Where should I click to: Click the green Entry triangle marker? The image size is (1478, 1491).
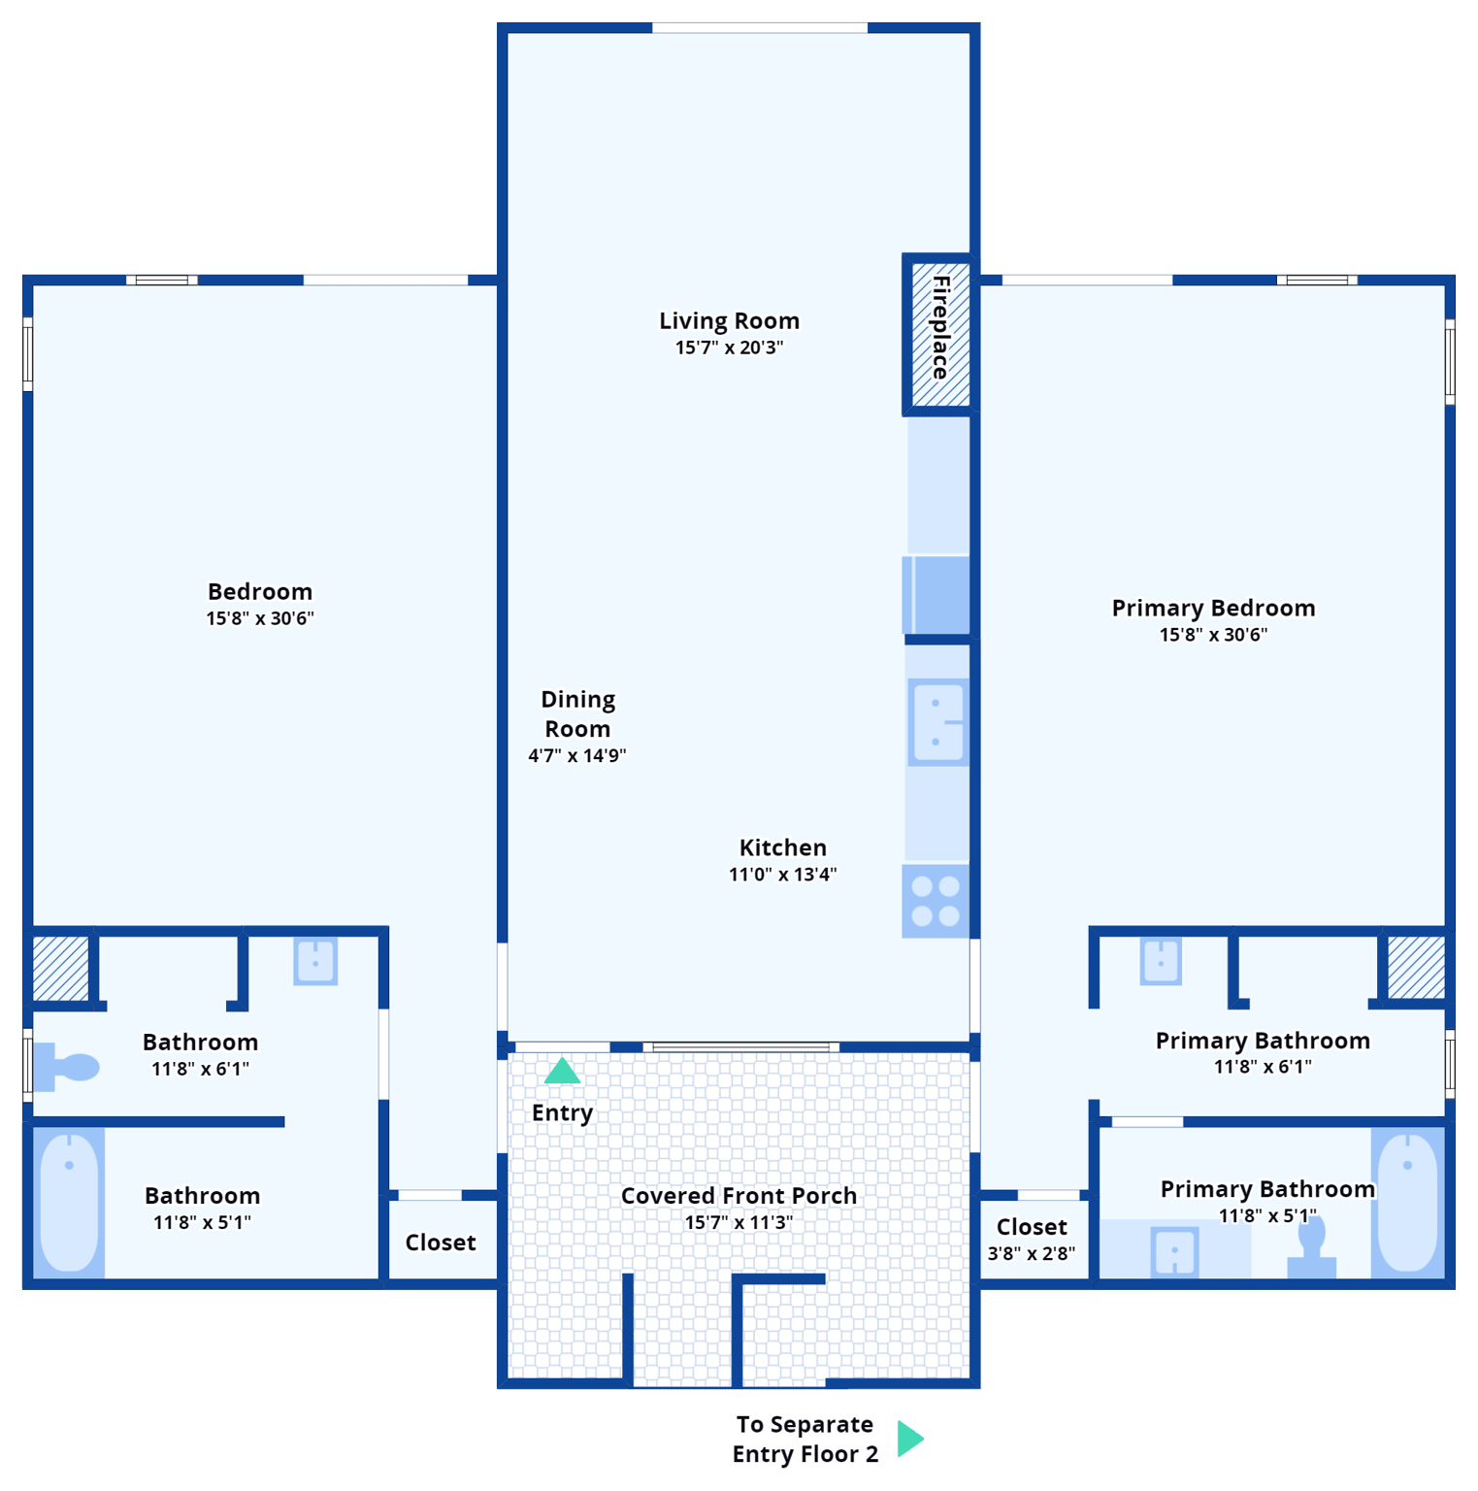pyautogui.click(x=562, y=1072)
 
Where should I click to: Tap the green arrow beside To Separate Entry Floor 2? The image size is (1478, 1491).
pyautogui.click(x=908, y=1439)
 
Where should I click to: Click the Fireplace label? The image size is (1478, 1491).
pyautogui.click(x=940, y=328)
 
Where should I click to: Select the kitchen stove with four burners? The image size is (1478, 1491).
pyautogui.click(x=936, y=901)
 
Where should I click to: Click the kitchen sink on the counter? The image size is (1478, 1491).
pyautogui.click(x=937, y=722)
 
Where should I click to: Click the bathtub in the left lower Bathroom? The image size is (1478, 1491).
pyautogui.click(x=69, y=1203)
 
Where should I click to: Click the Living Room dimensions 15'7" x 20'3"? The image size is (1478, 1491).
pyautogui.click(x=729, y=348)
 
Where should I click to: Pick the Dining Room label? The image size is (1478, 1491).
pyautogui.click(x=577, y=713)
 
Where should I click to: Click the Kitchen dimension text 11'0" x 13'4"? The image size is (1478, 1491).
pyautogui.click(x=782, y=875)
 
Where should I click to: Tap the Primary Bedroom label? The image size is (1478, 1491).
pyautogui.click(x=1213, y=608)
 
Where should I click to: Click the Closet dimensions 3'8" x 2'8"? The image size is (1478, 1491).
pyautogui.click(x=1031, y=1253)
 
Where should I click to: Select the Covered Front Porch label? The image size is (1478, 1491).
pyautogui.click(x=739, y=1195)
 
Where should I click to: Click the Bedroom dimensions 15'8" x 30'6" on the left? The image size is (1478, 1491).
pyautogui.click(x=260, y=618)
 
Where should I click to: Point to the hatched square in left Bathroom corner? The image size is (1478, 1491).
pyautogui.click(x=60, y=968)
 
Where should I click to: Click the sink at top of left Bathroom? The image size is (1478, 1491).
pyautogui.click(x=315, y=961)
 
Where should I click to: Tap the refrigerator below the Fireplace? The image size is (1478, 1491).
pyautogui.click(x=937, y=594)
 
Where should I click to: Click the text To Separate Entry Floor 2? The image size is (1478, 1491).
pyautogui.click(x=805, y=1439)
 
